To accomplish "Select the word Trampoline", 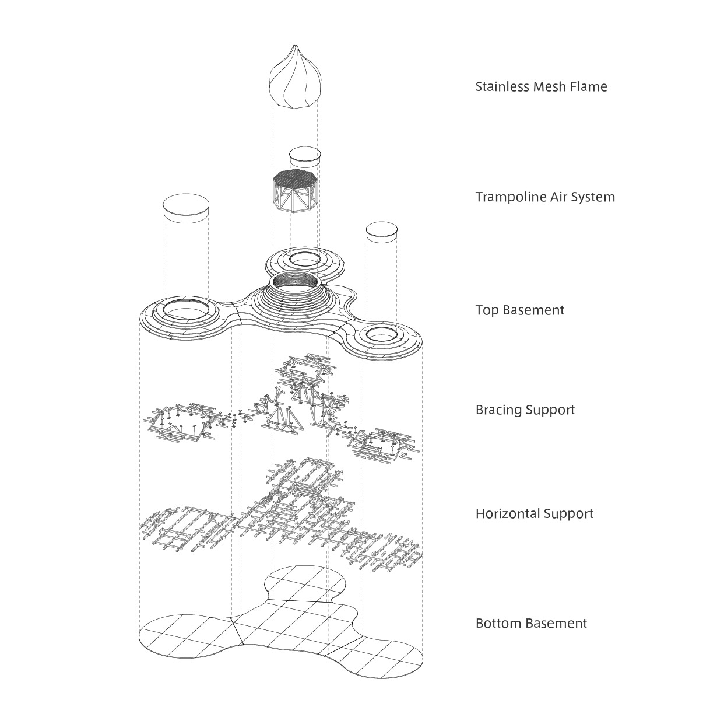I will pos(511,197).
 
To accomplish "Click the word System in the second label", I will pos(595,197).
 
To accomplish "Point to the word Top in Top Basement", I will pos(487,310).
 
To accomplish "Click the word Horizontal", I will pos(508,514).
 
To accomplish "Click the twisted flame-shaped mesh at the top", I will pos(295,79).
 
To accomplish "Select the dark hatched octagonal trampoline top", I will pos(296,177).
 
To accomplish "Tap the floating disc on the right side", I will pos(382,230).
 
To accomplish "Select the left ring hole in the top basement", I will pos(186,307).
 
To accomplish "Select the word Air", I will pos(558,197).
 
